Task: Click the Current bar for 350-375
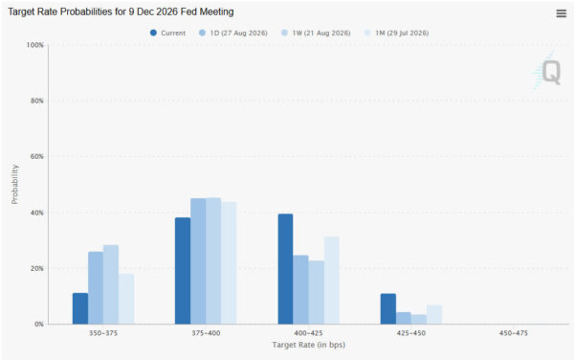click(x=80, y=308)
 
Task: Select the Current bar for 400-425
click(x=285, y=269)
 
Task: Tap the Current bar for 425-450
click(x=388, y=308)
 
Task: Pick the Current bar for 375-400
click(x=183, y=271)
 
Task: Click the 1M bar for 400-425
click(x=332, y=281)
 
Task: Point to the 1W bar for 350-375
click(x=111, y=284)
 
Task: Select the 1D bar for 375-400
click(x=198, y=261)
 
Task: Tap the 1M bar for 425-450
click(x=434, y=314)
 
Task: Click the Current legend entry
click(x=168, y=33)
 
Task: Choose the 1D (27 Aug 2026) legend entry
click(x=233, y=33)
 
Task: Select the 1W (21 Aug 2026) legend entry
click(x=316, y=33)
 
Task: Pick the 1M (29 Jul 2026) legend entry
click(x=397, y=33)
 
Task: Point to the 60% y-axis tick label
click(x=37, y=156)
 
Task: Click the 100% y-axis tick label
click(x=34, y=45)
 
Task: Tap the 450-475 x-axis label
click(x=514, y=333)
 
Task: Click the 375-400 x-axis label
click(x=206, y=333)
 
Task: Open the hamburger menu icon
click(x=562, y=13)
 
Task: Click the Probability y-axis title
click(x=14, y=184)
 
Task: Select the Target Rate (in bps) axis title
click(x=309, y=345)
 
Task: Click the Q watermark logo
click(x=547, y=72)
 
